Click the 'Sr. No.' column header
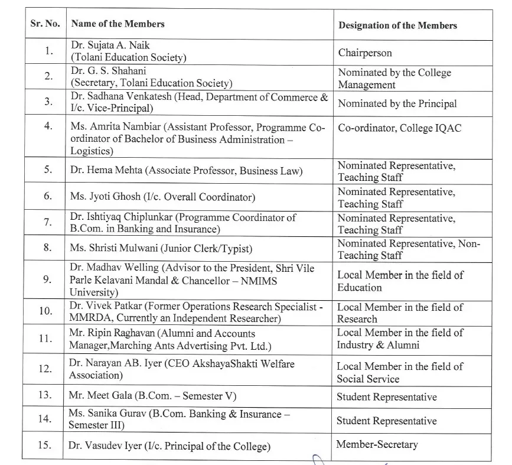(x=43, y=24)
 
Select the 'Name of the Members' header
(x=118, y=24)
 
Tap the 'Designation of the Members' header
(x=397, y=25)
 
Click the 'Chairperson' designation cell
(x=365, y=53)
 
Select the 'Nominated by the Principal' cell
(x=397, y=103)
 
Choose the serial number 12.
(x=45, y=369)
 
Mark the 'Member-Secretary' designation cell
(x=377, y=444)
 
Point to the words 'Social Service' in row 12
(x=368, y=379)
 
